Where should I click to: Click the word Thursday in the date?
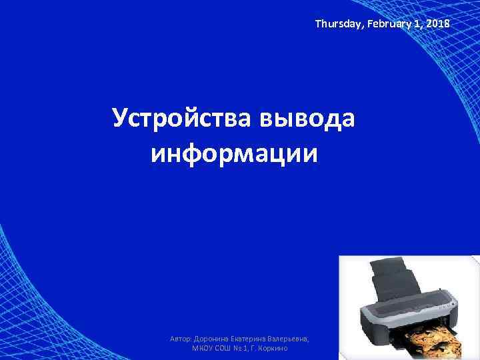336,24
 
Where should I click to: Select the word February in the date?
382,24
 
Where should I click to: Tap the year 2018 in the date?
437,24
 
